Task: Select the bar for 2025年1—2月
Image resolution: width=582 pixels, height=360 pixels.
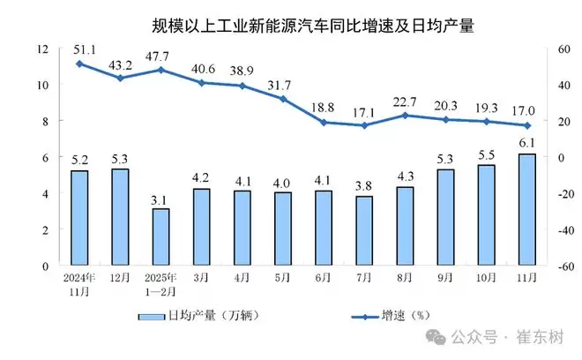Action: (160, 236)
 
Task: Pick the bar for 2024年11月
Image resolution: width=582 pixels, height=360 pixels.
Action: (79, 217)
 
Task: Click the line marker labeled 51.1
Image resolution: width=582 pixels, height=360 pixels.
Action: (79, 64)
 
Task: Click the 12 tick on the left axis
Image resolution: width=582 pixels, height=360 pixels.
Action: (41, 49)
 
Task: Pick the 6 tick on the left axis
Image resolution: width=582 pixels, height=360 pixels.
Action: (45, 157)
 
